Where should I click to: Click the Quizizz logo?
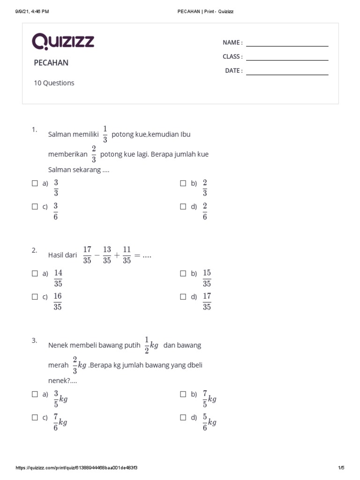click(x=63, y=42)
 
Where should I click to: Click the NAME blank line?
click(x=287, y=46)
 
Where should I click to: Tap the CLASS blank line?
click(x=287, y=60)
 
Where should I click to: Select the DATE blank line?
click(x=287, y=74)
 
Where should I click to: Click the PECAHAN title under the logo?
click(x=51, y=63)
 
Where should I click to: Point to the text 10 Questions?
click(x=54, y=83)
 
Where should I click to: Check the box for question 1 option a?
click(x=35, y=184)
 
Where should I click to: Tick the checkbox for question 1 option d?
click(x=183, y=207)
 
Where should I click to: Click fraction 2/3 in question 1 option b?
click(x=205, y=188)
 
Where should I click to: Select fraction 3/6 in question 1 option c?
click(x=56, y=211)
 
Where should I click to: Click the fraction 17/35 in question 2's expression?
click(x=87, y=255)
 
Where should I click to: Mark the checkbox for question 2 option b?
click(x=183, y=274)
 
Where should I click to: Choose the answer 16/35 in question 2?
click(x=58, y=301)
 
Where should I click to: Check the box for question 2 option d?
click(x=183, y=297)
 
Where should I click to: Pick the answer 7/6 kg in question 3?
click(x=60, y=422)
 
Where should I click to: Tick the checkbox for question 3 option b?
click(x=183, y=395)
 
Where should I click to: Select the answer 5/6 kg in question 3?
click(x=210, y=422)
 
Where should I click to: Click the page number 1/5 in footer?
click(x=341, y=468)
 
